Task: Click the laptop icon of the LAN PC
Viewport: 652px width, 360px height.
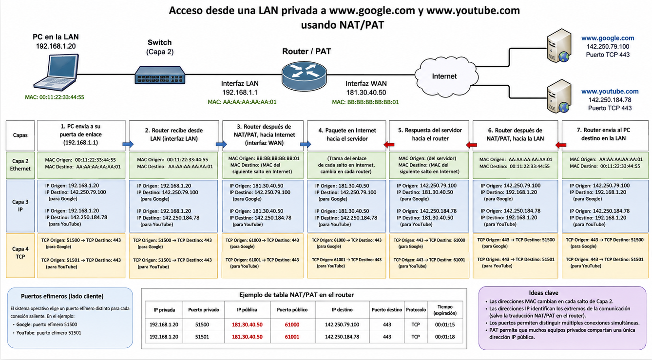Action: (56, 72)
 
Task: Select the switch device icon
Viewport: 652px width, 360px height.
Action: (160, 76)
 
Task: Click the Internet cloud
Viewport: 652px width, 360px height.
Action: (445, 76)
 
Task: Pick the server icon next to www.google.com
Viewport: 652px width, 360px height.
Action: (558, 46)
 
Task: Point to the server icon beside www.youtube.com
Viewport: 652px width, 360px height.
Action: (558, 96)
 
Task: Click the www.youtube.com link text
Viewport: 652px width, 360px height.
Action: (610, 92)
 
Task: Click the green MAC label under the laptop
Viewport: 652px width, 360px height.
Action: (55, 97)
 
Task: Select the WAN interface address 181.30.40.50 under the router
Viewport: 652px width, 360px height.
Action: (366, 93)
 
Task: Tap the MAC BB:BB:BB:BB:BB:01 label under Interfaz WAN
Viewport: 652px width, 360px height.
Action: (365, 102)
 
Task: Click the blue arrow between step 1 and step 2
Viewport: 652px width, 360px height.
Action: (128, 144)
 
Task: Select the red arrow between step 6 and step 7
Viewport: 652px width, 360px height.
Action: (560, 145)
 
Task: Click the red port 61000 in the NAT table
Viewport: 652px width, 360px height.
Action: (292, 325)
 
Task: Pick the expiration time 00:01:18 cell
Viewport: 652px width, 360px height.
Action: (445, 337)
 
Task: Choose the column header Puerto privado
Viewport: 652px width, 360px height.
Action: (204, 310)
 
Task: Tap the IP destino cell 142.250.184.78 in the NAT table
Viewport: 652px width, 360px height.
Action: (342, 337)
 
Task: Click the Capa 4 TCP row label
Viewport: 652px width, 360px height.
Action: (20, 253)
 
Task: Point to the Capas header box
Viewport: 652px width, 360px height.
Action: (20, 135)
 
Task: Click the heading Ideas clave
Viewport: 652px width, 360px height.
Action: (543, 293)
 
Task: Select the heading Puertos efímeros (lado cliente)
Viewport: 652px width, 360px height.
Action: (62, 296)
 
